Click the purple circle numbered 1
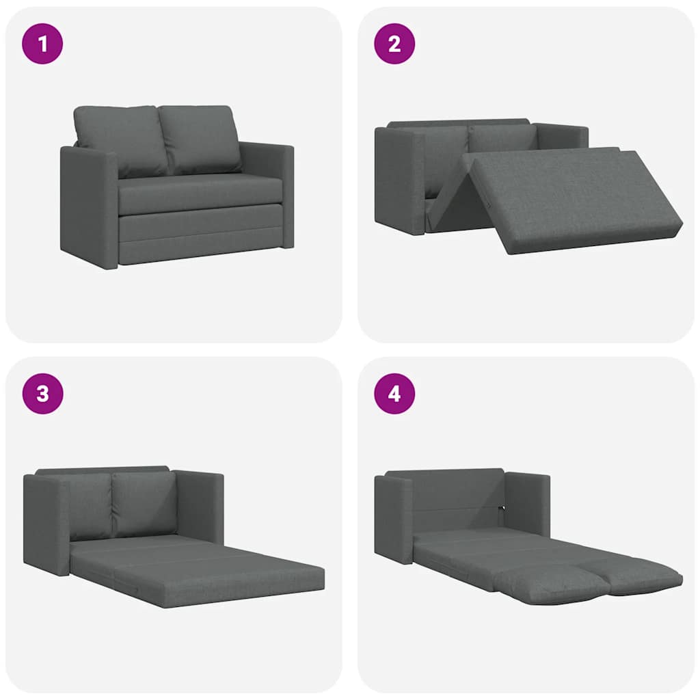pos(42,44)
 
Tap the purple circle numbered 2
pos(394,44)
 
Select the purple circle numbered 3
pos(42,394)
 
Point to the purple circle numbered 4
pos(394,394)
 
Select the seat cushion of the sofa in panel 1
pos(200,193)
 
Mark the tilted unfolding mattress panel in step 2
pos(574,198)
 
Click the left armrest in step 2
pos(399,181)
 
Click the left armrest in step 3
pos(46,523)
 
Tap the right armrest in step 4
pos(528,502)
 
